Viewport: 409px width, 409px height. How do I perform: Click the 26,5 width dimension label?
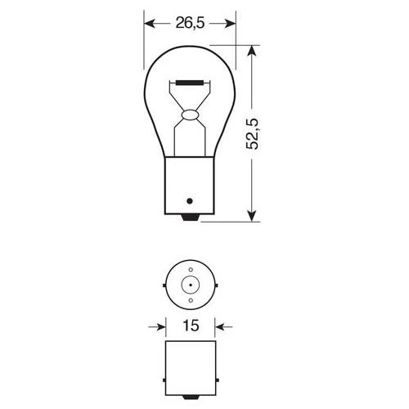click(x=190, y=23)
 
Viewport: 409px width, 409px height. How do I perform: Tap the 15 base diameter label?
click(x=189, y=326)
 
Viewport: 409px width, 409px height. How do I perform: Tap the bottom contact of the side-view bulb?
click(x=190, y=216)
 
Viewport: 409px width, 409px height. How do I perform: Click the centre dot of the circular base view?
click(x=190, y=285)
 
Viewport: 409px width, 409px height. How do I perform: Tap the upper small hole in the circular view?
click(x=190, y=269)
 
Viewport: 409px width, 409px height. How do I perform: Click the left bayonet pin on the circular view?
click(x=166, y=285)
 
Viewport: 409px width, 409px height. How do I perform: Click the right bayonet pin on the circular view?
click(x=213, y=285)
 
